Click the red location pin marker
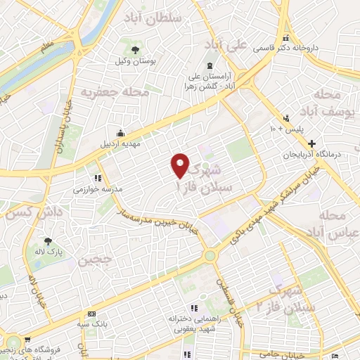click(181, 165)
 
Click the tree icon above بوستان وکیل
click(135, 49)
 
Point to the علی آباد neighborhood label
click(226, 44)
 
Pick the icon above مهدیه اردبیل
click(122, 132)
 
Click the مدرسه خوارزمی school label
click(98, 189)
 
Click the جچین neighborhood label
click(95, 260)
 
